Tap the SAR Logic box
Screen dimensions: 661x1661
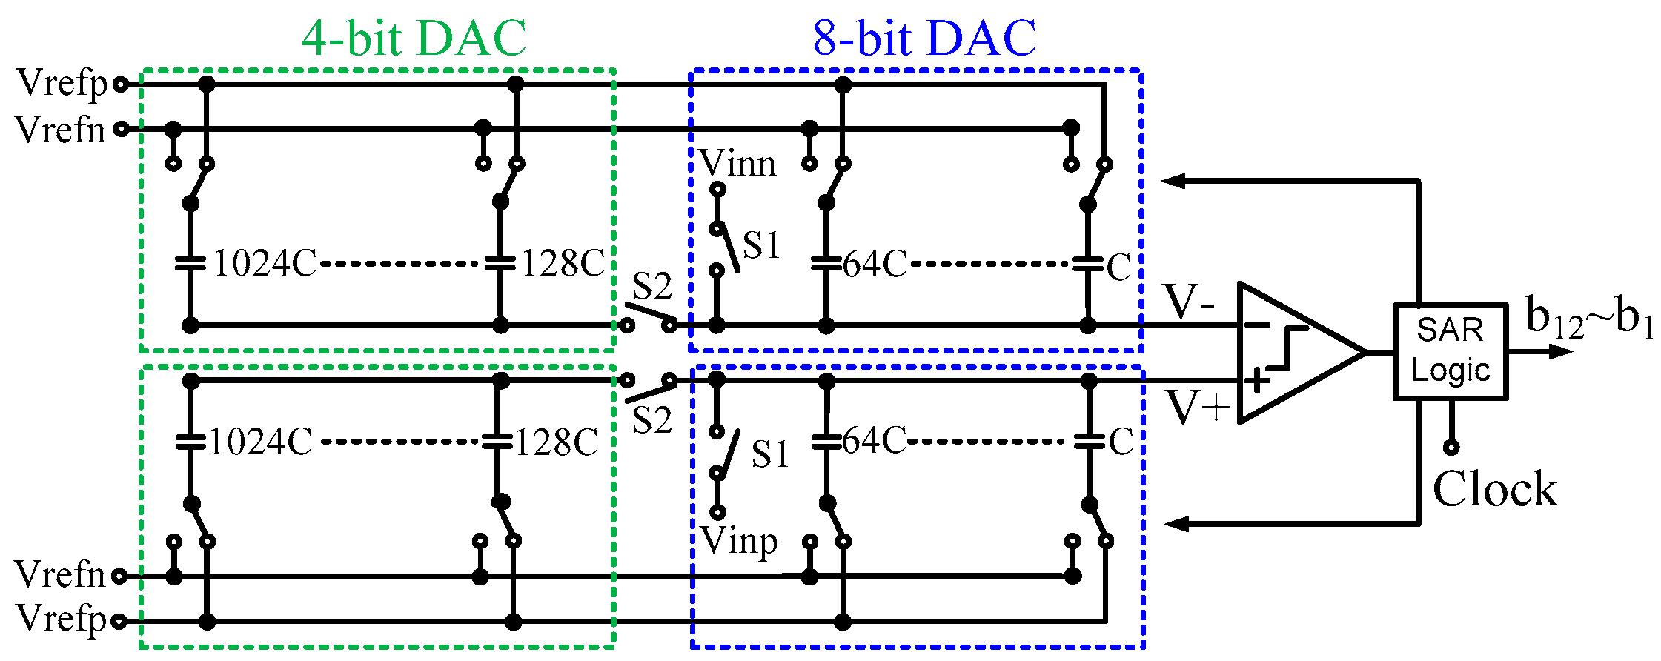1450,351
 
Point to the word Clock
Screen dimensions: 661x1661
1495,489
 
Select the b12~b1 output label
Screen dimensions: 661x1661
1589,318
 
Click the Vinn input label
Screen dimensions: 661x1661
737,163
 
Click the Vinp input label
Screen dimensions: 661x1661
738,541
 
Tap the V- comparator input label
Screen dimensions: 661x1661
1189,302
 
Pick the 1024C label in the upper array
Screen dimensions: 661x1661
265,263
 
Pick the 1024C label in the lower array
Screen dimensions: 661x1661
260,442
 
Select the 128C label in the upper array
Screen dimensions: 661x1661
563,263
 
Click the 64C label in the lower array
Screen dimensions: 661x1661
874,441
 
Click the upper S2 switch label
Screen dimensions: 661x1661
652,286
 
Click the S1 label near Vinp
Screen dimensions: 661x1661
769,454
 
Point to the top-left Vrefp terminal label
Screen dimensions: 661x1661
62,83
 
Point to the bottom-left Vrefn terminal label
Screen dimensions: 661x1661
60,574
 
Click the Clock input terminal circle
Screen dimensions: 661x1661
1451,447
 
